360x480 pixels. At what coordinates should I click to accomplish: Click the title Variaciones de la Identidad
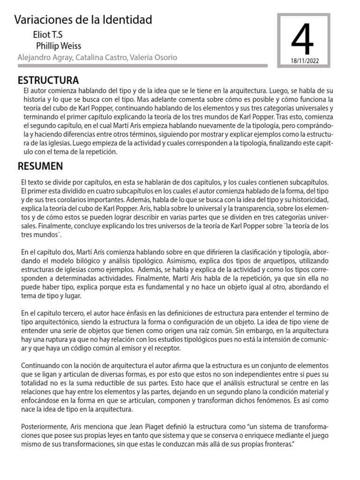coord(83,20)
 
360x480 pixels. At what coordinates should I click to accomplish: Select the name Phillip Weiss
coord(59,46)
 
